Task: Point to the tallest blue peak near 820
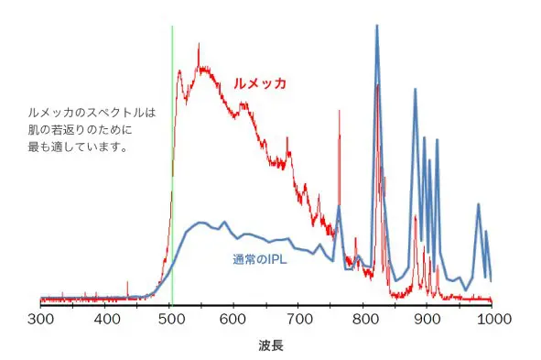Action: (376, 27)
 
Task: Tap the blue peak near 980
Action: (478, 205)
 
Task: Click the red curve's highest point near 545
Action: (200, 67)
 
